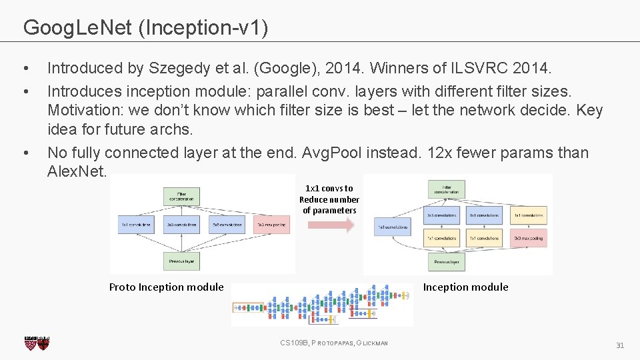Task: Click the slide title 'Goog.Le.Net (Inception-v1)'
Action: coord(146,27)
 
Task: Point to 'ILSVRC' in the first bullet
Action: coord(479,68)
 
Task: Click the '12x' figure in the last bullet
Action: coord(443,153)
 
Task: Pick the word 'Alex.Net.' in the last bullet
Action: coord(77,171)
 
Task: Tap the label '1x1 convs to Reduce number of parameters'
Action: coord(329,199)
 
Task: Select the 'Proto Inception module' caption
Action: coord(166,287)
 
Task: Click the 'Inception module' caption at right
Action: coord(465,287)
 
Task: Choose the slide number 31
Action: coord(619,345)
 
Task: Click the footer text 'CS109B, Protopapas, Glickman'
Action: coord(334,343)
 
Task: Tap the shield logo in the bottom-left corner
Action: coord(37,343)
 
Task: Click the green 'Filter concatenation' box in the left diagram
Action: coord(181,195)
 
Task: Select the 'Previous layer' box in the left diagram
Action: coord(181,261)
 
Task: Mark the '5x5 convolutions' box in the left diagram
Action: coord(227,225)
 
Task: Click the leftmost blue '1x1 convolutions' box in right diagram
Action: coord(392,227)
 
